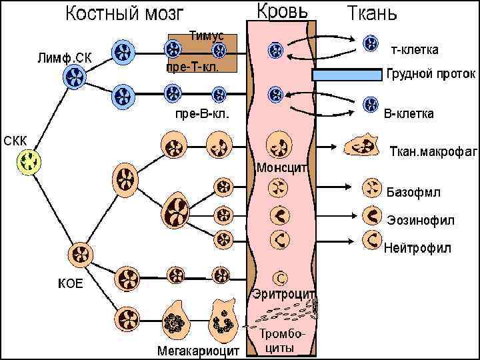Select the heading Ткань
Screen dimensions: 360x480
(x=372, y=13)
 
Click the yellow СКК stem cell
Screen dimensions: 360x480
(x=29, y=161)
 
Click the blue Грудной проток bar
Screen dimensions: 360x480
(x=347, y=75)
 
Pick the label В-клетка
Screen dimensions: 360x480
(x=409, y=113)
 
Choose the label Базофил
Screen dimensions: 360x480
(x=413, y=193)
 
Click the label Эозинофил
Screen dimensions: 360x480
(x=420, y=219)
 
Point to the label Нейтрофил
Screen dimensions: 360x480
(x=418, y=248)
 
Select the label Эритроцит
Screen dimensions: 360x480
(x=284, y=293)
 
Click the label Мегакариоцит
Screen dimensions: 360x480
(x=198, y=350)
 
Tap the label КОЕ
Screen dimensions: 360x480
(x=71, y=283)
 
